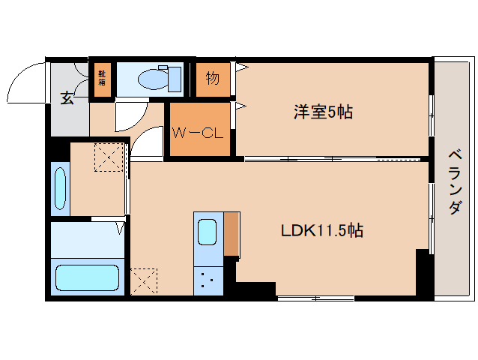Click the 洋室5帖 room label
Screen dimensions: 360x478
coord(323,113)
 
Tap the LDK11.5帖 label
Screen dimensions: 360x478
coord(322,231)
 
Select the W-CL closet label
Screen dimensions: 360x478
coord(198,133)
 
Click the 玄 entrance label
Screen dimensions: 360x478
coord(67,98)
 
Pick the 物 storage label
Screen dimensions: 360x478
coord(212,77)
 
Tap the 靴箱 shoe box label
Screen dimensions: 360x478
coord(101,77)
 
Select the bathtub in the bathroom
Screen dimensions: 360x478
coord(87,277)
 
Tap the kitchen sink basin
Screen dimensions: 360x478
coord(208,232)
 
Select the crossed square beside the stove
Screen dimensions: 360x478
coord(145,281)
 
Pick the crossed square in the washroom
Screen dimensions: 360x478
coord(107,158)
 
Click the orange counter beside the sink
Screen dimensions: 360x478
coord(232,235)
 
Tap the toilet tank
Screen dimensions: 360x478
coord(175,77)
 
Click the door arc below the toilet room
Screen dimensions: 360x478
coord(127,115)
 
